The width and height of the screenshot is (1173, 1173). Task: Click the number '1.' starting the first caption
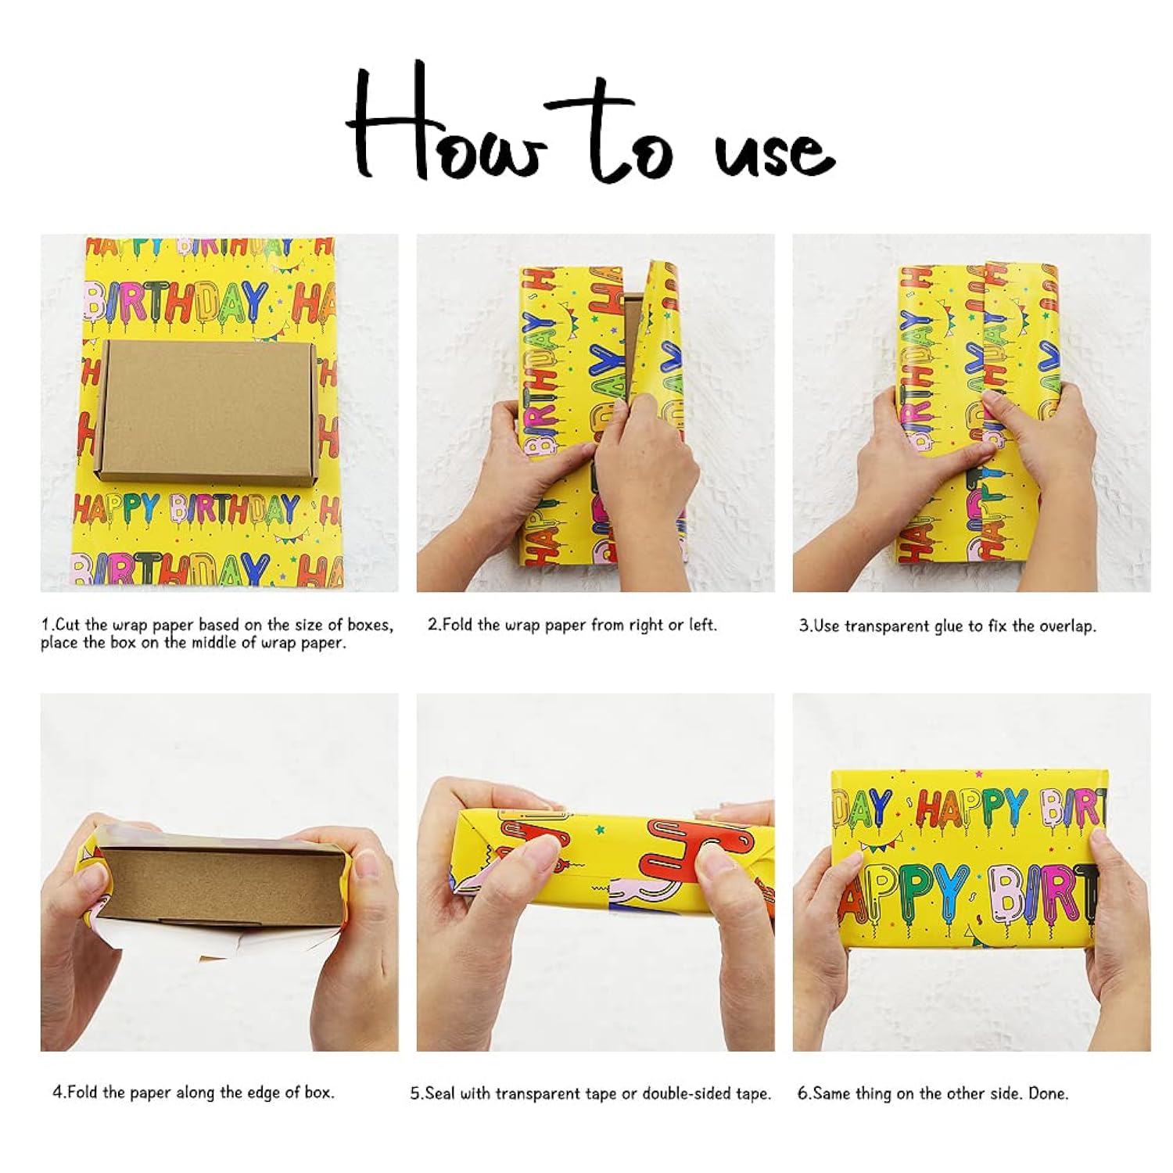[47, 625]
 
